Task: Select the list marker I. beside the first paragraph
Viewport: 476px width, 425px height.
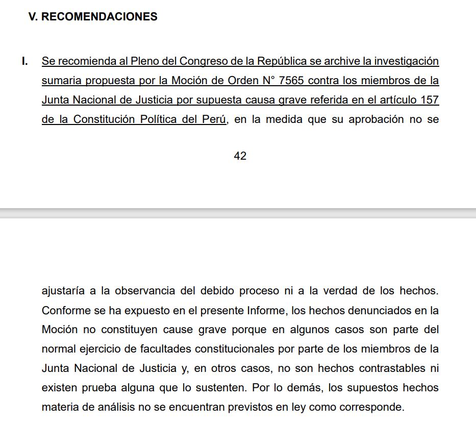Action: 24,61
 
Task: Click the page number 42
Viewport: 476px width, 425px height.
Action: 240,156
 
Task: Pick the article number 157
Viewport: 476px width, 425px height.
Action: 429,100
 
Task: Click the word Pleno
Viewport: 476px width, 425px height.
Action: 145,61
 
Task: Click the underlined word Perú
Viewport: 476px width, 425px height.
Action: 214,119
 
